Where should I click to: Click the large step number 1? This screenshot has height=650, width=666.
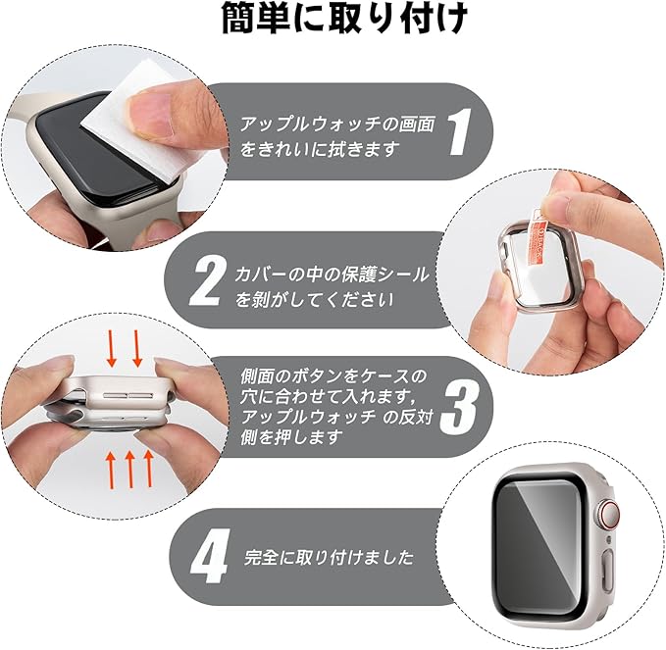[x=458, y=131]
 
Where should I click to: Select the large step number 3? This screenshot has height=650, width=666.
[x=458, y=407]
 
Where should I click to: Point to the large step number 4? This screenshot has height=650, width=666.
[x=210, y=557]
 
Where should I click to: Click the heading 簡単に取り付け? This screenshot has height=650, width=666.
[x=345, y=19]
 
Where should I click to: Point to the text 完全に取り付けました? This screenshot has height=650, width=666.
[x=330, y=557]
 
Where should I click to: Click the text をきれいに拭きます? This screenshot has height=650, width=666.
[x=321, y=149]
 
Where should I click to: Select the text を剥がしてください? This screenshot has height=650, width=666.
[x=315, y=300]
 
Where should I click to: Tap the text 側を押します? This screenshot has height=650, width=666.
[x=291, y=437]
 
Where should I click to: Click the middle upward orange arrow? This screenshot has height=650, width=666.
[x=130, y=470]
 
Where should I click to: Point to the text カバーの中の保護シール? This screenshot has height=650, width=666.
[x=332, y=275]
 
